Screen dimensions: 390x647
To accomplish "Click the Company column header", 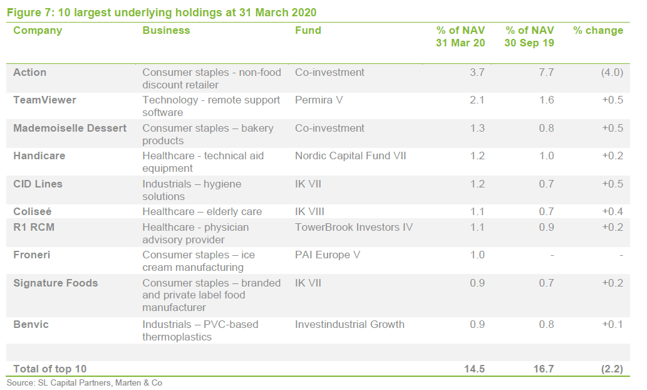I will (38, 30).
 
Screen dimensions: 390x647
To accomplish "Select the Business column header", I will (166, 30).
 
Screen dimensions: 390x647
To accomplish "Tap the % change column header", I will (598, 30).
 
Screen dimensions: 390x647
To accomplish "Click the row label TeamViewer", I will (44, 100).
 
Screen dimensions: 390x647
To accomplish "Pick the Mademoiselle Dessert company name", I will (70, 128).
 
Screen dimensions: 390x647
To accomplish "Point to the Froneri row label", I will (33, 255).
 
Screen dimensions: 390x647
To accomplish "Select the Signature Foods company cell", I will (56, 283).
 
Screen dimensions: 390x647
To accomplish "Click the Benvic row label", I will (31, 324).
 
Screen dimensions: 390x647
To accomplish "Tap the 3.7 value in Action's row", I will (477, 72).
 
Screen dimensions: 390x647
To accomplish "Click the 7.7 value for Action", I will (546, 72).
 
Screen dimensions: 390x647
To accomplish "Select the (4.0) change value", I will (611, 72).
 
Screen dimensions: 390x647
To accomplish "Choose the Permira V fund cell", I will (319, 100).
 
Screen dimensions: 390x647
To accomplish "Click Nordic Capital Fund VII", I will (350, 155).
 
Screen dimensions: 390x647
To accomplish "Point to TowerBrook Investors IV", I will (354, 227).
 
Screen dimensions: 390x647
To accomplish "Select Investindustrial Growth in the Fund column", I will (349, 324).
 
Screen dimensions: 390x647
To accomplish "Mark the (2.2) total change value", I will (611, 369).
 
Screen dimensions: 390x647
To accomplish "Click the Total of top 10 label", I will (50, 369).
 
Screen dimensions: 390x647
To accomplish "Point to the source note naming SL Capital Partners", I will (85, 382).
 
